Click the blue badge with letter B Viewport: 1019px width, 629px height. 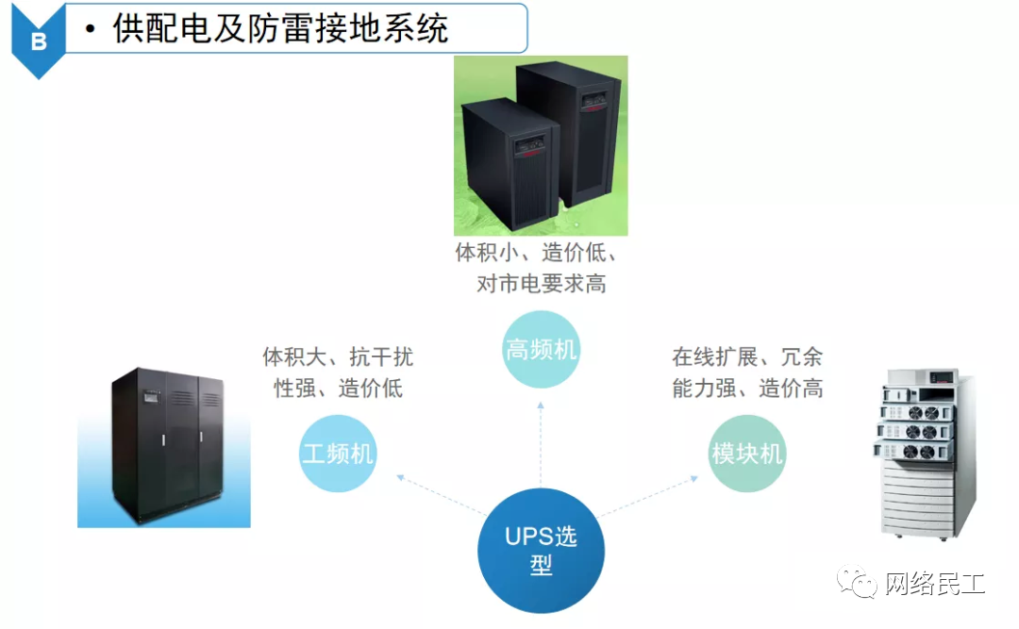tap(38, 41)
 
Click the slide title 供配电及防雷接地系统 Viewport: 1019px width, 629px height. tap(280, 29)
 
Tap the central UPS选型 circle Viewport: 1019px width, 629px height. tap(541, 551)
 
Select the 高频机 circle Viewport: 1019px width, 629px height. tap(541, 350)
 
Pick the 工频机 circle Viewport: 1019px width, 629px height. tap(338, 454)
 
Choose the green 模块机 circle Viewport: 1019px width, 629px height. tap(747, 454)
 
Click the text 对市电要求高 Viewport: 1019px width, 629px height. tap(541, 283)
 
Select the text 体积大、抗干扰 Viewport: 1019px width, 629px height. tap(338, 356)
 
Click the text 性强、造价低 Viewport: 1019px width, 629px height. tap(338, 388)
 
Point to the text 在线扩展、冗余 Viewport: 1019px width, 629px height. tap(747, 356)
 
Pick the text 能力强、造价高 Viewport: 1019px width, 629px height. tap(747, 388)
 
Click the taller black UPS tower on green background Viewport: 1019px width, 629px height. tap(581, 132)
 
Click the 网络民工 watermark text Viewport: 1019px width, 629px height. tap(934, 585)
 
